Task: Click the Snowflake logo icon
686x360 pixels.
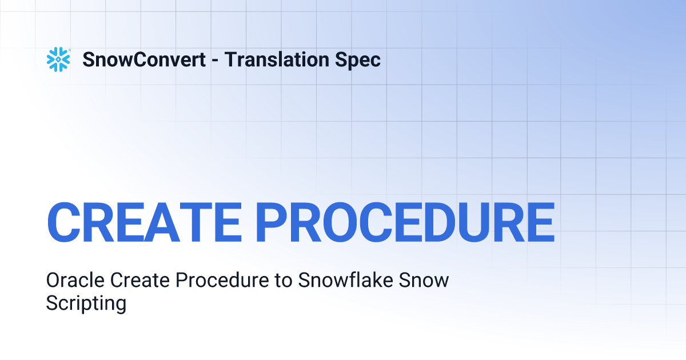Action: click(58, 59)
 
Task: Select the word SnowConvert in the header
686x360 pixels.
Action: click(144, 59)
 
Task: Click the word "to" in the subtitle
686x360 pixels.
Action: click(276, 281)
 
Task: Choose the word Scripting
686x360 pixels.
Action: click(86, 303)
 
